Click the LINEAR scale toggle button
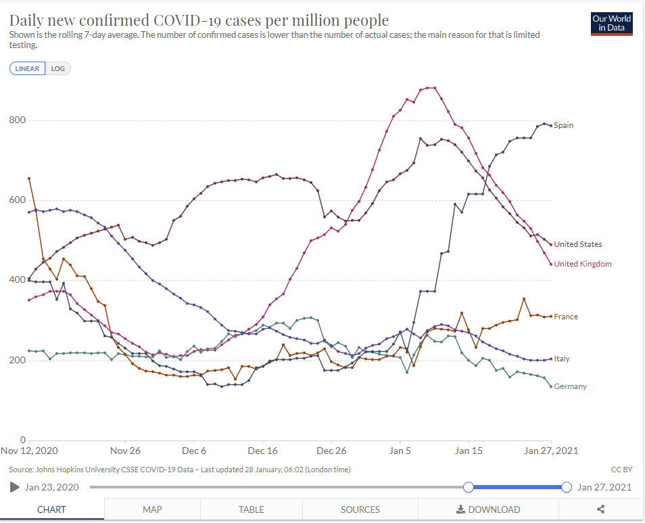click(27, 68)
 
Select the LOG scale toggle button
click(58, 68)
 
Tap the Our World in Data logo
click(611, 23)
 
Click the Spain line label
click(563, 125)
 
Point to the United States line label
click(577, 244)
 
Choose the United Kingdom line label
click(582, 264)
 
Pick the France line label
click(566, 317)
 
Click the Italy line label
click(562, 359)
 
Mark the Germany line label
click(570, 386)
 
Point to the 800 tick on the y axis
click(17, 120)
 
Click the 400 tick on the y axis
click(17, 280)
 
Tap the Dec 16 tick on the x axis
click(262, 451)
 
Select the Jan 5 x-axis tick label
click(400, 451)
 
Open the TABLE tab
click(252, 509)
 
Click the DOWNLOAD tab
click(489, 509)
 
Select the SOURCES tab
click(360, 509)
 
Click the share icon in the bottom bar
click(600, 509)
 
